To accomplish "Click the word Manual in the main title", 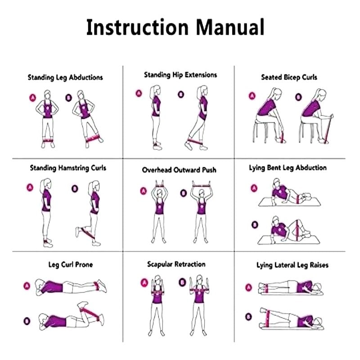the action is [230, 27].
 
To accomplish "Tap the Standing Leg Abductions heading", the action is [65, 77].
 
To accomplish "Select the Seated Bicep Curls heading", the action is [289, 77].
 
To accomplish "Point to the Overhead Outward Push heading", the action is [179, 170].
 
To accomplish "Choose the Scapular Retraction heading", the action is [176, 264].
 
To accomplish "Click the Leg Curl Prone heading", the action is [71, 265].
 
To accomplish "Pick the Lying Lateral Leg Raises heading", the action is [292, 265].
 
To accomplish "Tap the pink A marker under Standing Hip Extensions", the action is [139, 93].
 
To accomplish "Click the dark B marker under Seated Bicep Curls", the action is [298, 97].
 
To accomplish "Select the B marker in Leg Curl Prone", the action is [27, 321].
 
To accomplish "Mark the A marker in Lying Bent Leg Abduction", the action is [254, 188].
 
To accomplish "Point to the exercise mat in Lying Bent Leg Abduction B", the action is [289, 240].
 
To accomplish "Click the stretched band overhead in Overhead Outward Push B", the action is [201, 185].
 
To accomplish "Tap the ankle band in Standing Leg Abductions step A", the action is [48, 140].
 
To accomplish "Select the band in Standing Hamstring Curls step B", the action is [87, 233].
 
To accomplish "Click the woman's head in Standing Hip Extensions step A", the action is [156, 90].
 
